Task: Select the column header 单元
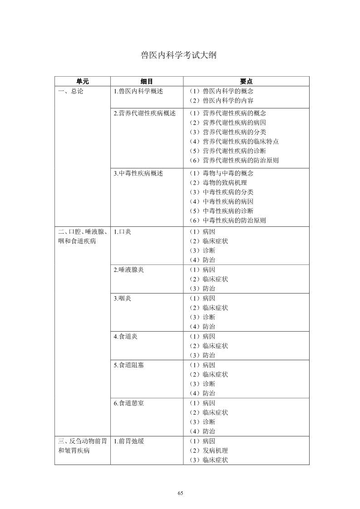[x=83, y=82]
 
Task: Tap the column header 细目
[x=147, y=82]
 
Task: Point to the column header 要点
[x=246, y=82]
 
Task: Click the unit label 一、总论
[x=71, y=91]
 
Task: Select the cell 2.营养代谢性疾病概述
[x=144, y=113]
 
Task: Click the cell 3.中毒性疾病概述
[x=138, y=173]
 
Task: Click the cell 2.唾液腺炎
[x=128, y=269]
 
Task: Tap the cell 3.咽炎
[x=123, y=298]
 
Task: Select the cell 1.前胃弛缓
[x=129, y=441]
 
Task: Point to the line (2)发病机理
[x=208, y=450]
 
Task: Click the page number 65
[x=180, y=493]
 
